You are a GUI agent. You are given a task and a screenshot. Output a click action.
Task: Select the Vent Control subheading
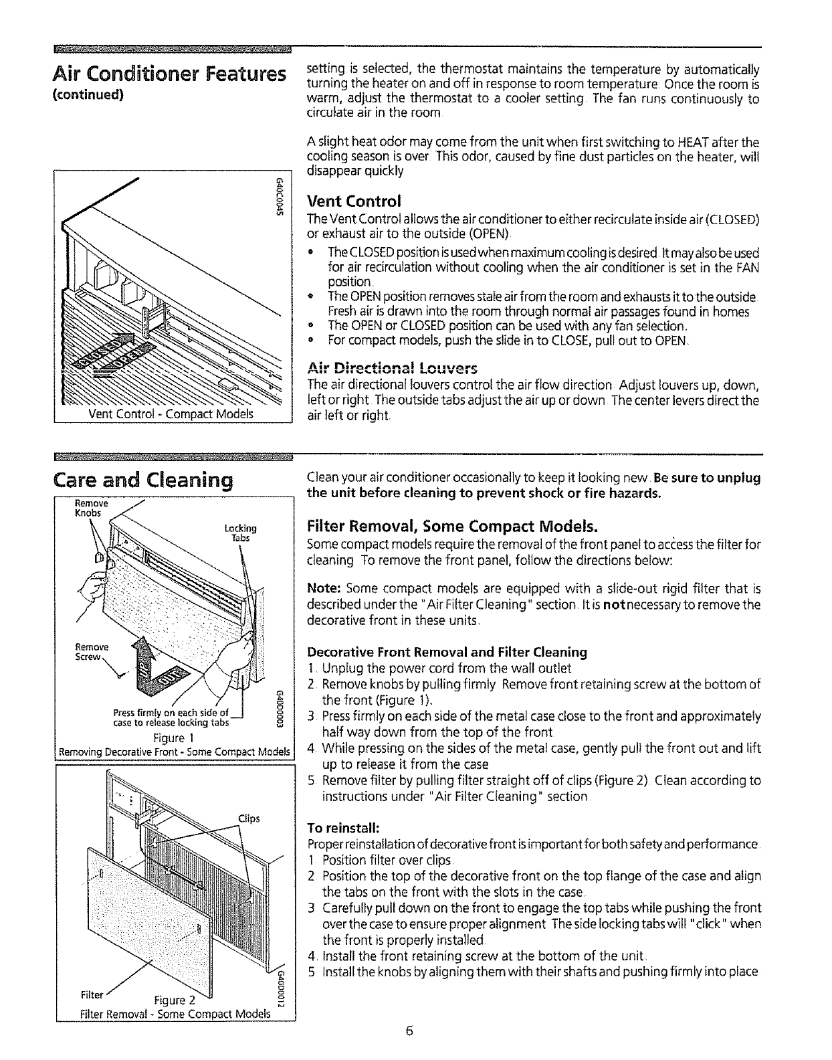(x=353, y=201)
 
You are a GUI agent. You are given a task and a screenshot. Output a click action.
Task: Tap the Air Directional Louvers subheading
(x=392, y=369)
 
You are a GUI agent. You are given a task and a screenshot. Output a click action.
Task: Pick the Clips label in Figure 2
(x=248, y=818)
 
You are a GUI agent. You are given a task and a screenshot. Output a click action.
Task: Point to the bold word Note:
(x=324, y=590)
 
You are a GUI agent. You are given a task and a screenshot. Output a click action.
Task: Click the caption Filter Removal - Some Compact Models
(x=174, y=1014)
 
